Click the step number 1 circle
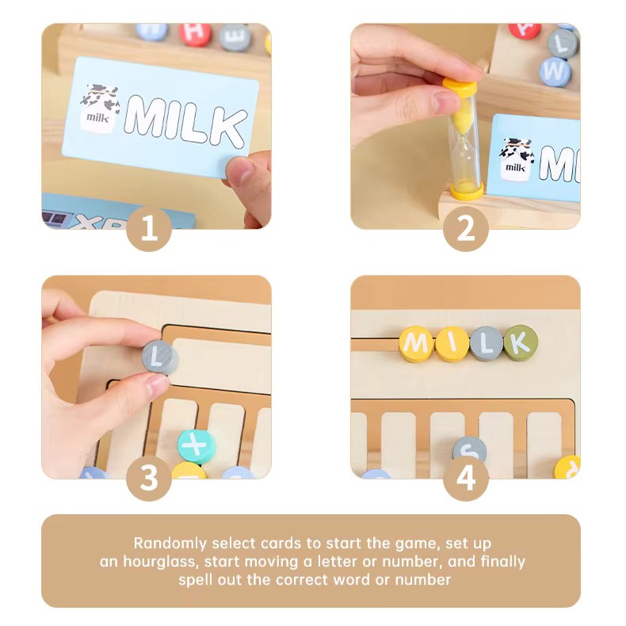point(149,229)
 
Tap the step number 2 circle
point(466,229)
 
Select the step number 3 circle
point(149,479)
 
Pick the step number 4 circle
point(466,479)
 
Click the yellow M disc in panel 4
point(416,344)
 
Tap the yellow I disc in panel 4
point(452,344)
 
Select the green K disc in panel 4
point(520,342)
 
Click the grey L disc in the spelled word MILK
point(487,344)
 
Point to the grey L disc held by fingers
point(160,357)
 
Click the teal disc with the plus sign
point(196,446)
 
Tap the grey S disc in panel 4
point(470,450)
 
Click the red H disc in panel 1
point(195,33)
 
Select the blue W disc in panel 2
point(555,72)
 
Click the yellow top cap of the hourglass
point(460,87)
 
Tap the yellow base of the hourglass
point(467,190)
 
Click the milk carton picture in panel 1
point(100,108)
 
